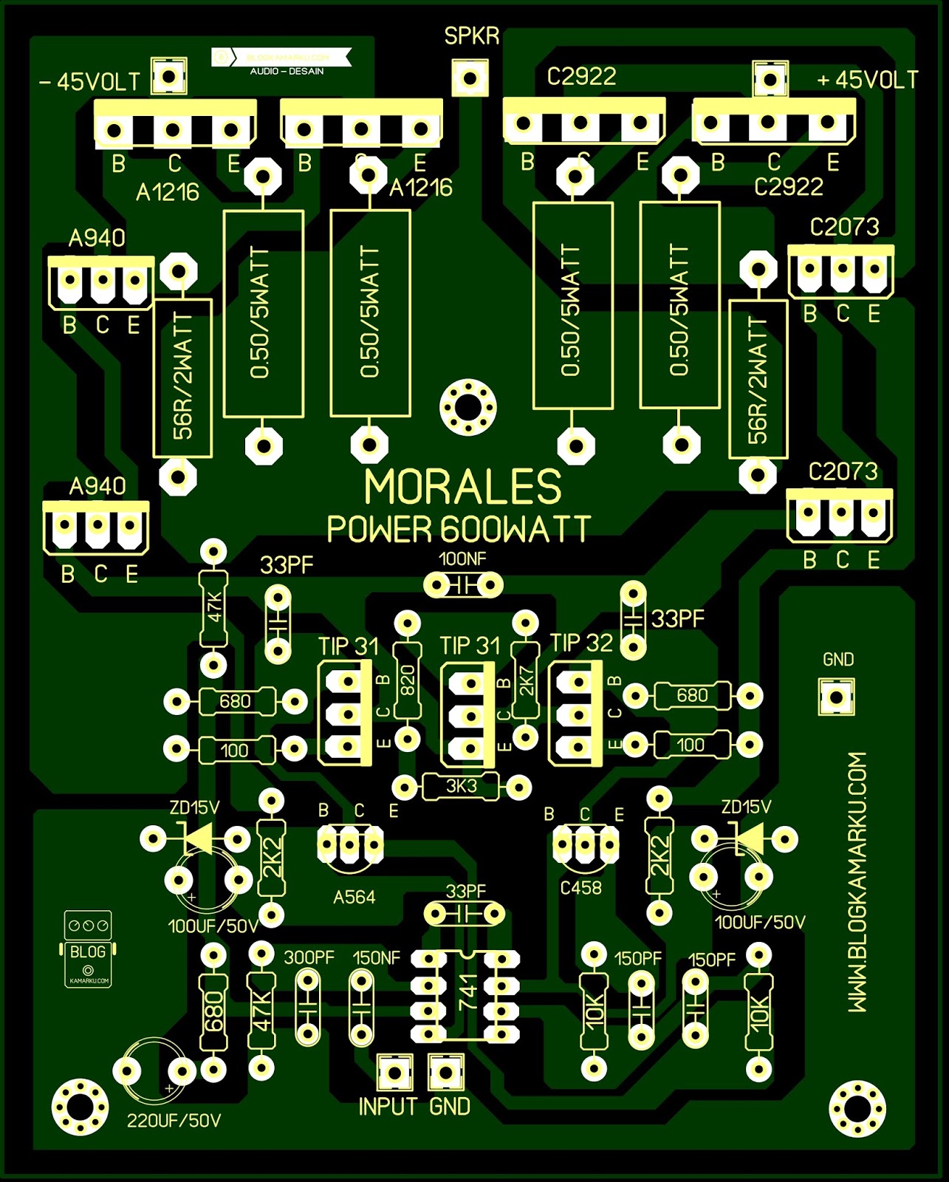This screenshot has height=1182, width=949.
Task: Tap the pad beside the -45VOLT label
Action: [169, 76]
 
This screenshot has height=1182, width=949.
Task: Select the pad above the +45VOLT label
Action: [770, 78]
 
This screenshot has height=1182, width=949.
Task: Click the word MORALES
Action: [463, 488]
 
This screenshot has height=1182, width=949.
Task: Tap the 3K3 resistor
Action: [462, 787]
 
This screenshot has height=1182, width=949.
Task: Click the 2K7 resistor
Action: [526, 680]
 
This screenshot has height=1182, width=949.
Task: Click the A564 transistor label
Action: [354, 897]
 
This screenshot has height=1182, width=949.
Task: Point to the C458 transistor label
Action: [580, 888]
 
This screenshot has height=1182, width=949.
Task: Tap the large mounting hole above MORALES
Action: [468, 406]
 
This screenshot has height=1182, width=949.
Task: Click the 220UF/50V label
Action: [174, 1121]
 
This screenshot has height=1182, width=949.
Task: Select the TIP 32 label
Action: [581, 643]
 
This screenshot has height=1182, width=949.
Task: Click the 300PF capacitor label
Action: [309, 957]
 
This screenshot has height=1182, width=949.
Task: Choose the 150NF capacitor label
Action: [376, 957]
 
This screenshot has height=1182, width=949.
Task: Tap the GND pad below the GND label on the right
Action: [836, 697]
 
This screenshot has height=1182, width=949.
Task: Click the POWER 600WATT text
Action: [459, 529]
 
